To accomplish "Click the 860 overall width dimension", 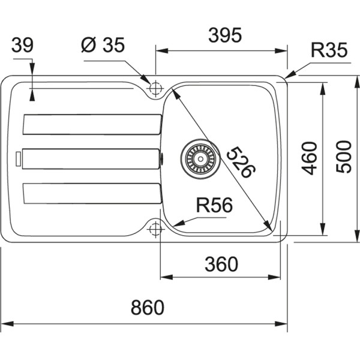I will pyautogui.click(x=147, y=308).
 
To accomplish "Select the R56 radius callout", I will pyautogui.click(x=214, y=206).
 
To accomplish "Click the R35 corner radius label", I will pyautogui.click(x=329, y=52).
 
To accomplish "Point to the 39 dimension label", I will pyautogui.click(x=23, y=45).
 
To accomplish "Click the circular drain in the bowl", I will pyautogui.click(x=196, y=157).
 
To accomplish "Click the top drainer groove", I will pyautogui.click(x=91, y=124).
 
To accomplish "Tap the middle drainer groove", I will pyautogui.click(x=90, y=158).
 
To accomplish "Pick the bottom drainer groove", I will pyautogui.click(x=91, y=193).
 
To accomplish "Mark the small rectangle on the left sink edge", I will pyautogui.click(x=19, y=158).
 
